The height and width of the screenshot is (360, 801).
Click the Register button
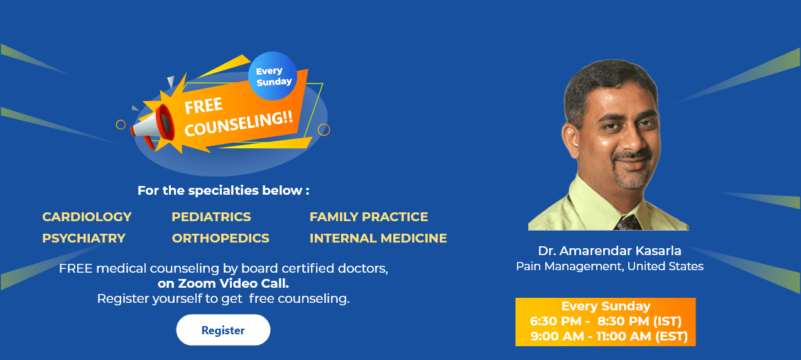click(x=223, y=330)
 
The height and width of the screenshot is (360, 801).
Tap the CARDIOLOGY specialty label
click(x=87, y=217)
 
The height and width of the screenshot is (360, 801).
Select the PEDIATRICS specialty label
click(x=211, y=217)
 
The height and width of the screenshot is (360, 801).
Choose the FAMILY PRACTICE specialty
click(x=369, y=217)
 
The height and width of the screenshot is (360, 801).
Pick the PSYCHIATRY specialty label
click(x=84, y=238)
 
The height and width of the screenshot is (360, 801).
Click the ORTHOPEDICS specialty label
click(x=221, y=238)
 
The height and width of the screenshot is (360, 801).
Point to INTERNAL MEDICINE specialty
click(x=378, y=238)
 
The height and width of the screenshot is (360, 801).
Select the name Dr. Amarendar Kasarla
click(x=609, y=251)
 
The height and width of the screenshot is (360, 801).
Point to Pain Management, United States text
click(x=609, y=266)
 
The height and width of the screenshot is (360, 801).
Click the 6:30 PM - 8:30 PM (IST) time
click(x=606, y=322)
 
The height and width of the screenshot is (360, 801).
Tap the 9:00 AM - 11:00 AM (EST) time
click(x=609, y=337)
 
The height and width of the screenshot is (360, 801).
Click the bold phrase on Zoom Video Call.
click(x=223, y=283)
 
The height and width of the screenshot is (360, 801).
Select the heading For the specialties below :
click(x=223, y=190)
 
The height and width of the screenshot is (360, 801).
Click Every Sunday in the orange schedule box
click(x=606, y=307)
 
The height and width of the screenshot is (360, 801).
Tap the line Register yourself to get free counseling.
click(x=223, y=298)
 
